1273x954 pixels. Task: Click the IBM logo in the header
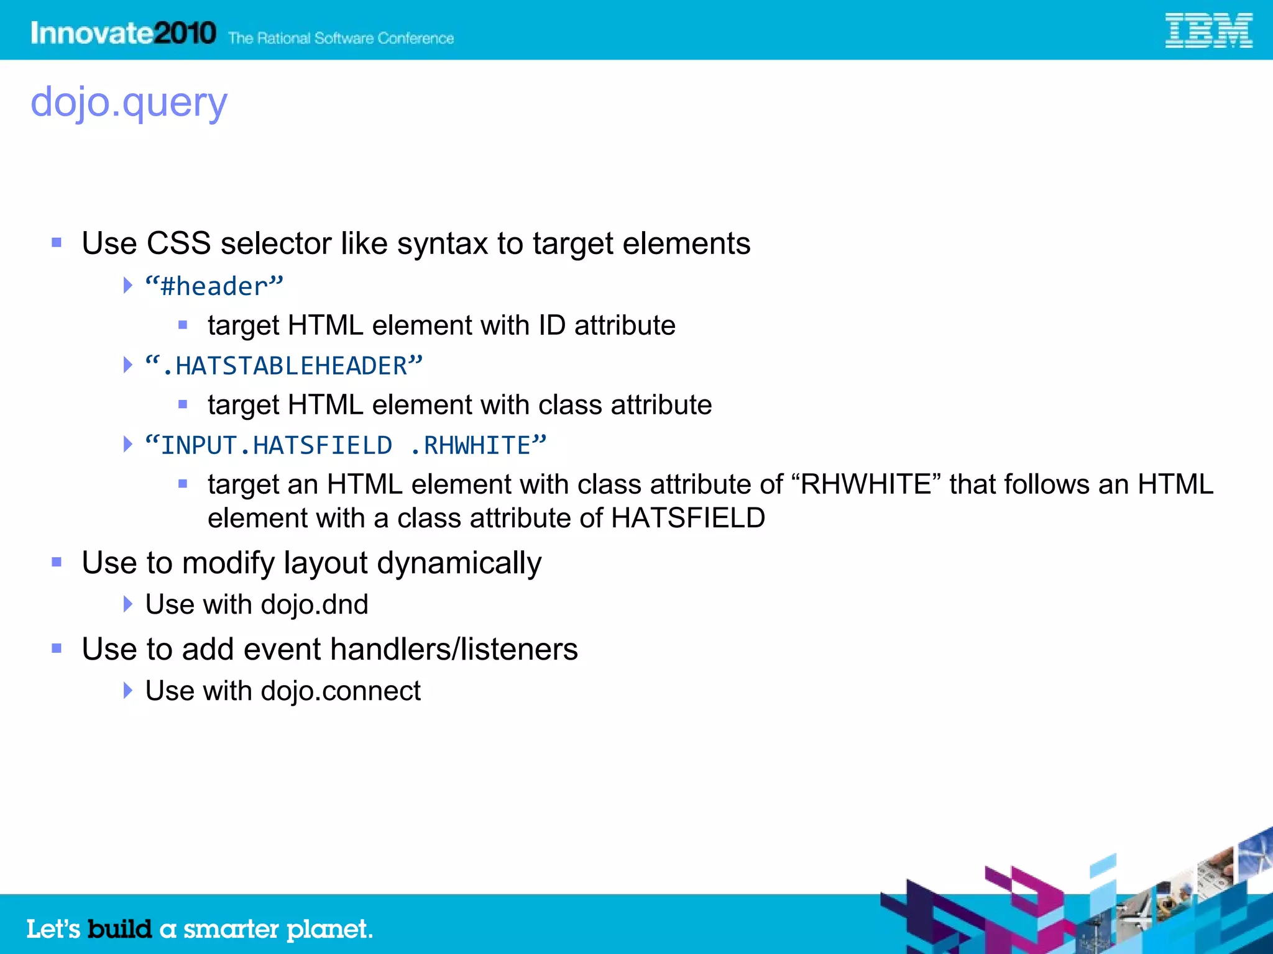1208,31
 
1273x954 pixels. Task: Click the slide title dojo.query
129,102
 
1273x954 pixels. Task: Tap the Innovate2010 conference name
123,32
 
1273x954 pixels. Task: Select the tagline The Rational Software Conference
341,39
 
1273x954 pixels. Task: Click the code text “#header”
214,286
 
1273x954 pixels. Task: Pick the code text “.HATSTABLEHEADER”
284,366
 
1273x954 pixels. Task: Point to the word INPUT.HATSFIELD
277,445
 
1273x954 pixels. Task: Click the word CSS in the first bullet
178,243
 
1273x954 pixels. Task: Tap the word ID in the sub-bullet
551,325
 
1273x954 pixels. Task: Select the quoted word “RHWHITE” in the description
866,484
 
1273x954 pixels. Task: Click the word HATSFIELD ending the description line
687,518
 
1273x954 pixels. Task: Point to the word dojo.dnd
315,604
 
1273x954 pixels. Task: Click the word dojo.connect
341,691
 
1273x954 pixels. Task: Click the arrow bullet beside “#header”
127,286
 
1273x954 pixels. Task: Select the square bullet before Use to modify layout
57,562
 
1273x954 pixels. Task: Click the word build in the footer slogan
119,929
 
